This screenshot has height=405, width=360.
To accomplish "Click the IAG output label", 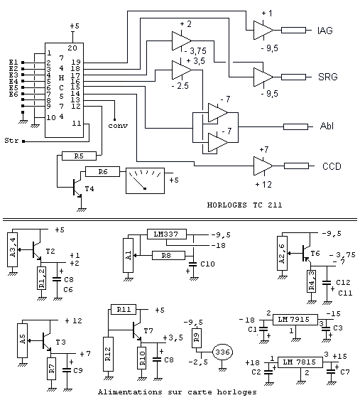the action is point(325,31).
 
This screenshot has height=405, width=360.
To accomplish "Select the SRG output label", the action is point(328,77).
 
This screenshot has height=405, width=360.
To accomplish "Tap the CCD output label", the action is point(332,166).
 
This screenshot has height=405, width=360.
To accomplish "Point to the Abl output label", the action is point(327,126).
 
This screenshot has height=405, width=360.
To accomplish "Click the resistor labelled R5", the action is point(79,156).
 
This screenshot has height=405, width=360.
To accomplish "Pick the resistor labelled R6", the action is point(103,172).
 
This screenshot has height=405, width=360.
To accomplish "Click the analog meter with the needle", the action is point(145,180).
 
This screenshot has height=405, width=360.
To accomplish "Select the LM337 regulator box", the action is point(167,234).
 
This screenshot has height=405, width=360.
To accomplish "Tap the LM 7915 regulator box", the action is point(295,320).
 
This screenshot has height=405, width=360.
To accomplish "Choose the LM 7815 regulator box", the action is point(300,362).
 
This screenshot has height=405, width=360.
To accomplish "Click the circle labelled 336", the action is point(222,352).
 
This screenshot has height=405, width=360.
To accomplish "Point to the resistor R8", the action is point(168,256).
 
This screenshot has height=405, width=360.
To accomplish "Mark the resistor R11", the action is point(124,309).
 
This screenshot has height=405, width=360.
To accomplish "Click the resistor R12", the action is point(108,354).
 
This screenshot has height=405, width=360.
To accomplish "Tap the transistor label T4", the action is point(89,189).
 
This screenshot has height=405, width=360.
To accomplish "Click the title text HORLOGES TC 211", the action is point(244,205).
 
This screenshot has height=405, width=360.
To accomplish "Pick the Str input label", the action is point(11,141).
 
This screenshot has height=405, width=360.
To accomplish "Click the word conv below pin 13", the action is point(118,126).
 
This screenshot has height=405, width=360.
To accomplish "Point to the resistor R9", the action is point(197,337).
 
